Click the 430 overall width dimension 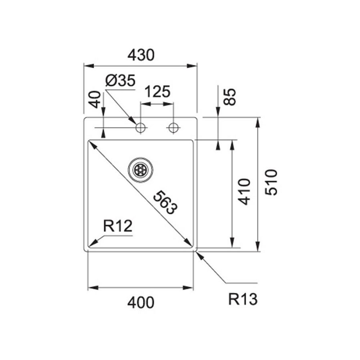click(141, 55)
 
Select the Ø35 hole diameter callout click(120, 81)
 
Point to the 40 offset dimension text click(95, 99)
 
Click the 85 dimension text click(229, 97)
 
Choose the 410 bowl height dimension click(244, 191)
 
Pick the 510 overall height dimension click(271, 182)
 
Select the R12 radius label click(117, 227)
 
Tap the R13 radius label click(243, 299)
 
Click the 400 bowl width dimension click(141, 303)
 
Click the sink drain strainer click(140, 170)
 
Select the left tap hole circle click(141, 128)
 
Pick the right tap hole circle click(173, 128)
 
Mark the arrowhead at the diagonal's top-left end click(91, 143)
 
